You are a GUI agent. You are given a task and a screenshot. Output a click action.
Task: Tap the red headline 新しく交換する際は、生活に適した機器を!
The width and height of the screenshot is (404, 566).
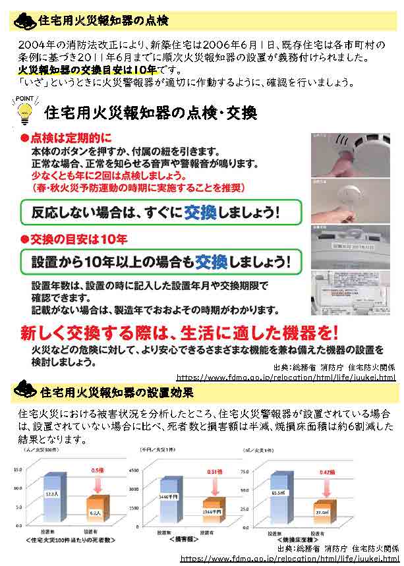click(179, 331)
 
